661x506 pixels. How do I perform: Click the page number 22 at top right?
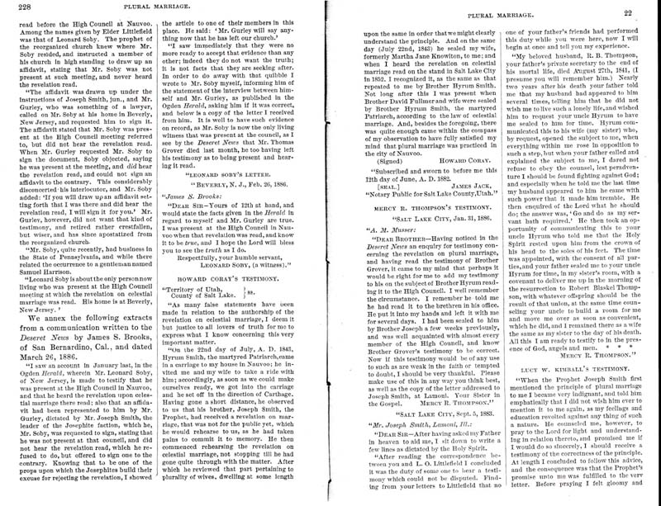click(x=649, y=12)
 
